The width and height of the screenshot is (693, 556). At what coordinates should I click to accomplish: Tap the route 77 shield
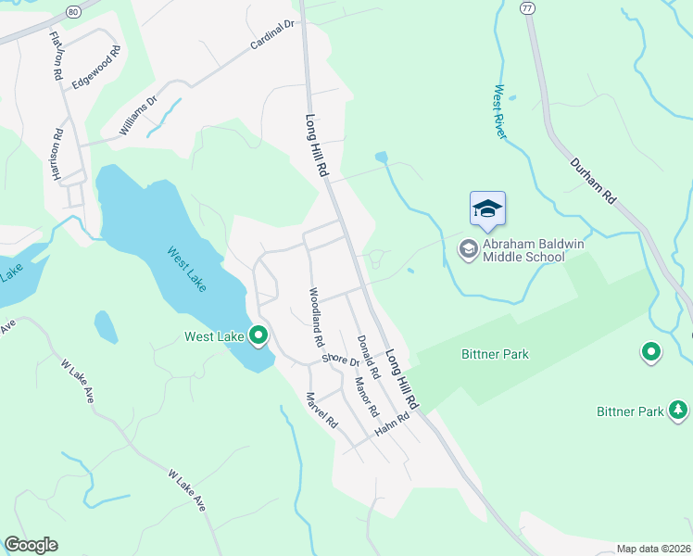pos(526,7)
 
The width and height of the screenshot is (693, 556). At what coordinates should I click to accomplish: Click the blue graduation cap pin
pos(487,209)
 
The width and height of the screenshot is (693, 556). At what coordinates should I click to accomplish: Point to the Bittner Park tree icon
pos(679,410)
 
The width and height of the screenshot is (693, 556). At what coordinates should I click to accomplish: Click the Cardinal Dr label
pos(271,36)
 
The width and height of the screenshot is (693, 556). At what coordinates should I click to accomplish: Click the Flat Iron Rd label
pos(57,55)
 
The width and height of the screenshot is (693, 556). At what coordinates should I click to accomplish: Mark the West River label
pos(499,112)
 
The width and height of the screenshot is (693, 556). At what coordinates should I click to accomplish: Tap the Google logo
pos(31,545)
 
